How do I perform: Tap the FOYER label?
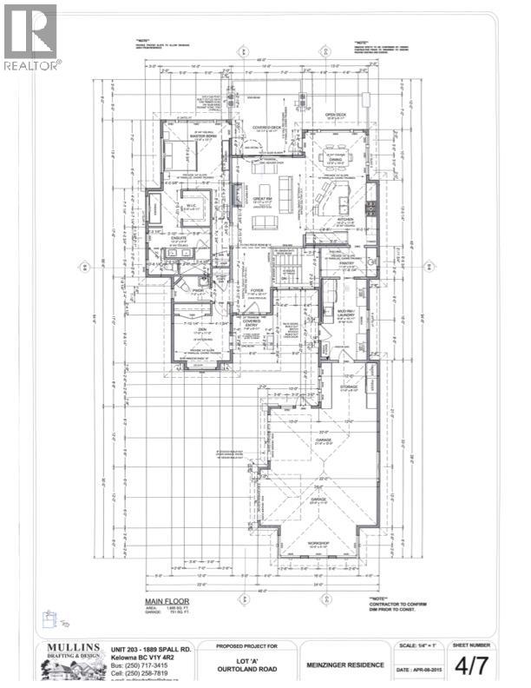[257, 292]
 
